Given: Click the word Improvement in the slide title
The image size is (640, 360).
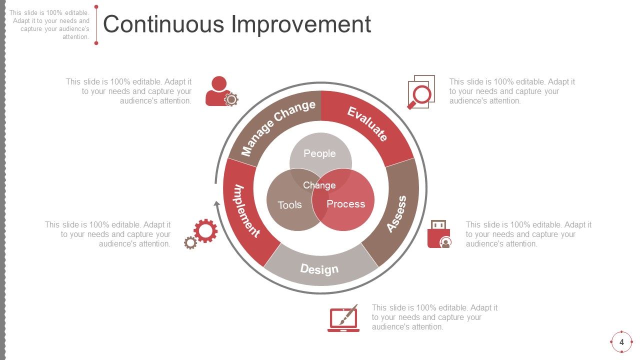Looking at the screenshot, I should click(x=301, y=24).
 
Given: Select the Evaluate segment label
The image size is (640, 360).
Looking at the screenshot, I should click(x=367, y=123).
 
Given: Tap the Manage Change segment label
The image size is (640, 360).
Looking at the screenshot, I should click(x=278, y=127).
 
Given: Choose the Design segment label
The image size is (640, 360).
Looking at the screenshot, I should click(x=319, y=269).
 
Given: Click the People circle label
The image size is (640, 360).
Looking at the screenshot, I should click(x=320, y=153).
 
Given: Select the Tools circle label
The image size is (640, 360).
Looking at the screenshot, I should click(x=289, y=205).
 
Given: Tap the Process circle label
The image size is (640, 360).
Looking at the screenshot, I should click(x=346, y=204).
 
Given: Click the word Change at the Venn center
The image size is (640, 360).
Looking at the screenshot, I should click(x=319, y=185).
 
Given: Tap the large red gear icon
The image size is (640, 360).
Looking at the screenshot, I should click(x=205, y=231).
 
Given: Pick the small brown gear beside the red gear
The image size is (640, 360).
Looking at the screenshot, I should click(x=190, y=243).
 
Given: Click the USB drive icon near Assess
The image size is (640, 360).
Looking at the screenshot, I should click(x=438, y=234).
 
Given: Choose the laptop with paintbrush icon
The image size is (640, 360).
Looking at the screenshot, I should click(x=343, y=318).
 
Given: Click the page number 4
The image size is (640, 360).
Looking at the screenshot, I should click(x=621, y=342).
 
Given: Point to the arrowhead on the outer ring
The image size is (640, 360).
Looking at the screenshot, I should click(x=217, y=203).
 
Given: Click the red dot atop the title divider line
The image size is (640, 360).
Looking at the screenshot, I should click(x=96, y=7).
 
